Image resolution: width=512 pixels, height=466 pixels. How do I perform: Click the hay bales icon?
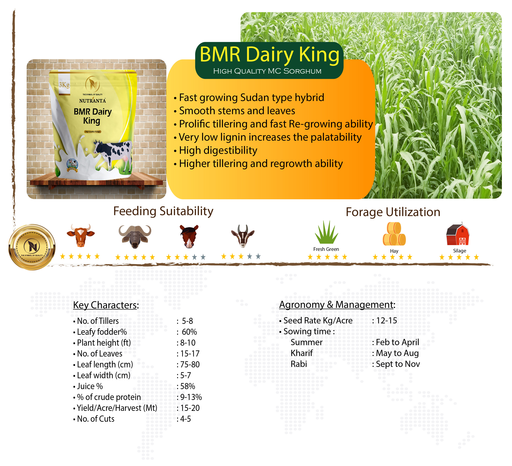tap(394, 234)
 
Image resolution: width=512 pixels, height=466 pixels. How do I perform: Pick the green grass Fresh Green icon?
tap(326, 232)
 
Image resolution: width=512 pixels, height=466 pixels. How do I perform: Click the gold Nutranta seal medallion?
tap(32, 247)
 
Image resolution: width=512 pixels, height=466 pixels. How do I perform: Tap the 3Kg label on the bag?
tap(64, 85)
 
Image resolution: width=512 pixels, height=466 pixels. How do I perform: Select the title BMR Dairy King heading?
tap(269, 54)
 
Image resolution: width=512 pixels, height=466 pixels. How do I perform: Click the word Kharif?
tap(302, 353)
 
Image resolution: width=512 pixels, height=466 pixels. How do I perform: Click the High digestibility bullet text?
tap(218, 151)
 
